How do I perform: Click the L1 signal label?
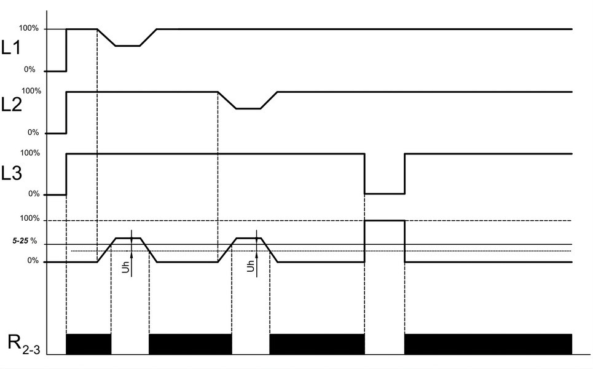10,48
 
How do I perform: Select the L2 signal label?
11,105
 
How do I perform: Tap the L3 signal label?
11,173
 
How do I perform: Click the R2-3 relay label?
24,343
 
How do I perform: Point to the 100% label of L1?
29,28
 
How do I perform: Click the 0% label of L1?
29,69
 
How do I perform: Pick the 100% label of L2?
31,91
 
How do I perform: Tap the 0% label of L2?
33,132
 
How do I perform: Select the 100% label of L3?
30,153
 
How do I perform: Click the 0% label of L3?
34,194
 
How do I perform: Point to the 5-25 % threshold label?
25,241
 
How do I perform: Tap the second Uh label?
251,266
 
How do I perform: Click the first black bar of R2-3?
88,344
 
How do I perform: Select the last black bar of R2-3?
489,344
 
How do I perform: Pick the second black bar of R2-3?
190,344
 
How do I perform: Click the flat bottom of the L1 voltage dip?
127,46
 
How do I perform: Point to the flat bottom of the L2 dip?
248,109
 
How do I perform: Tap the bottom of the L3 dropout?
385,194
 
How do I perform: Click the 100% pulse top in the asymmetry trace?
385,220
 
